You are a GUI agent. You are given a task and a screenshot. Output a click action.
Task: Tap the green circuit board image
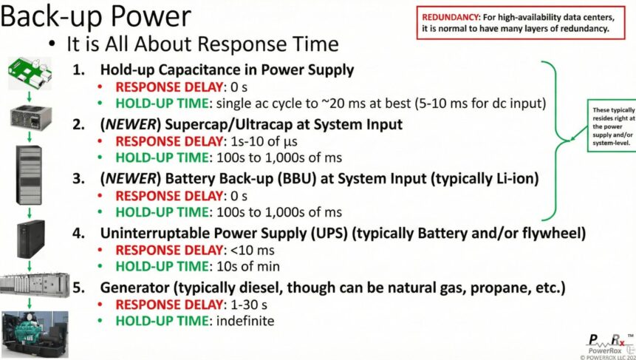coord(30,70)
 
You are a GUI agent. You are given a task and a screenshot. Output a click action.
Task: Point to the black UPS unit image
coord(31,237)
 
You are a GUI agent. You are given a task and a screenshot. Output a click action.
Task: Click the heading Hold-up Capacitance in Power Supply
coord(227,70)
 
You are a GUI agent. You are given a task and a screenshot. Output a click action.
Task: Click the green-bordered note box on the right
coord(611,126)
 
